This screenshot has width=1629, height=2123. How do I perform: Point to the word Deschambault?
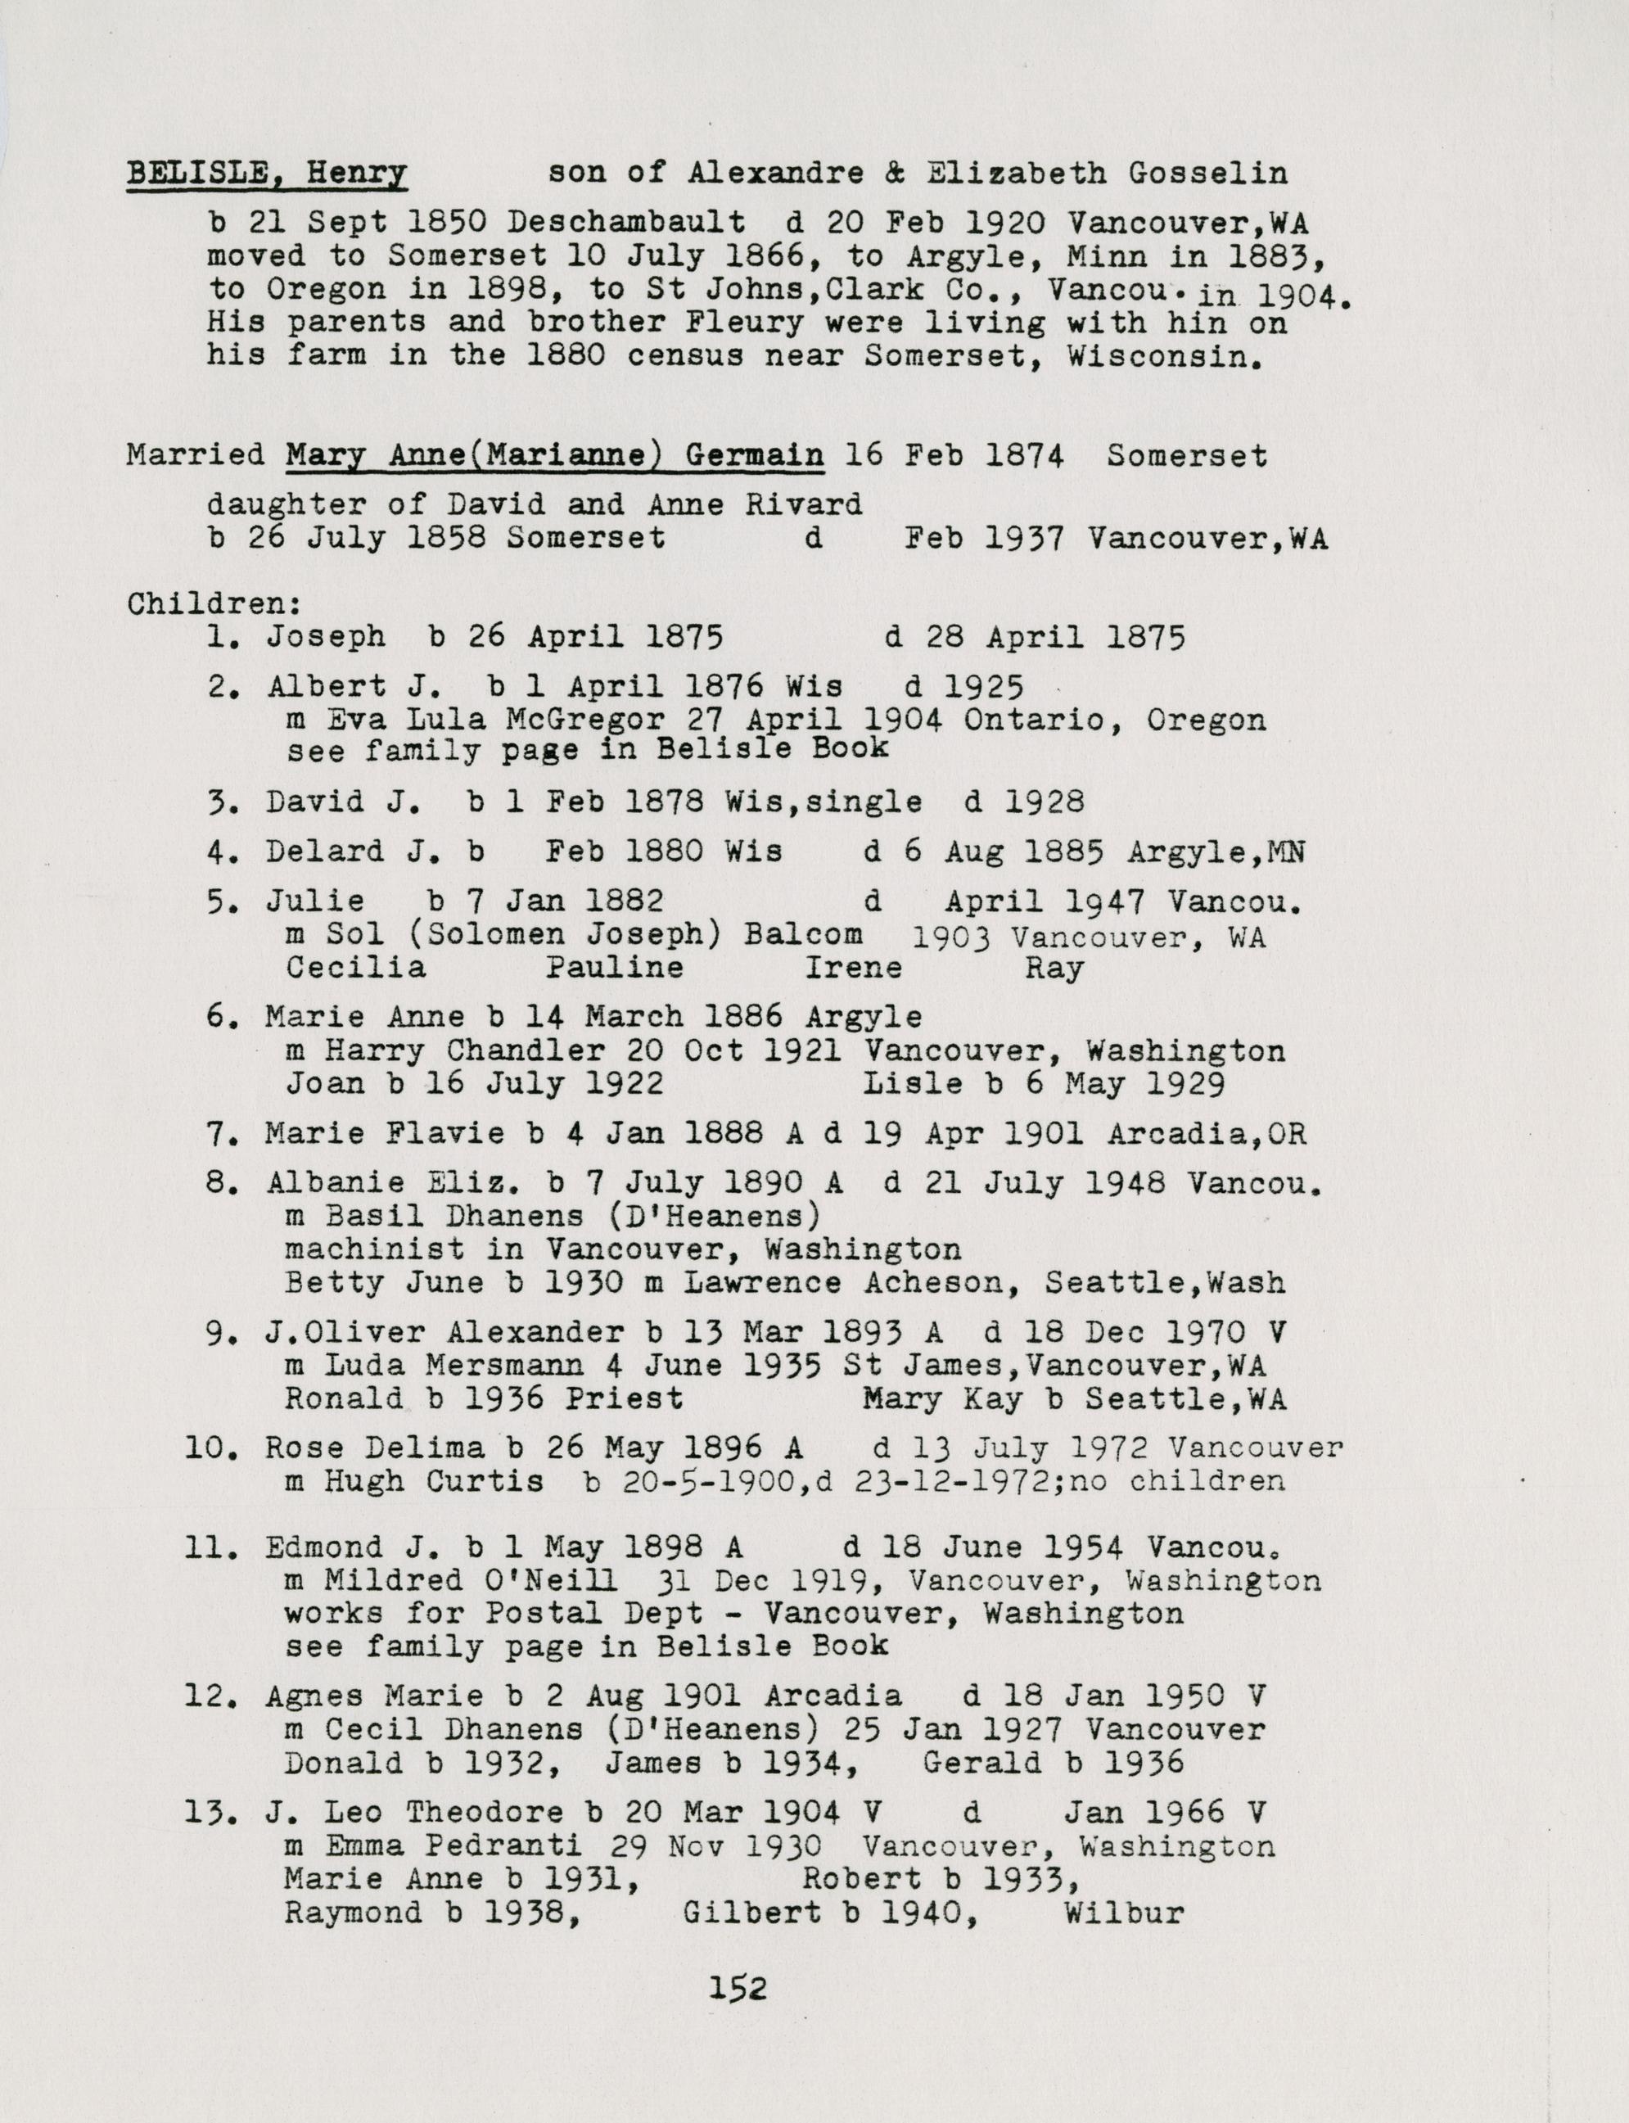[626, 222]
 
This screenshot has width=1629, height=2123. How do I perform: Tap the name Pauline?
[614, 967]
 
